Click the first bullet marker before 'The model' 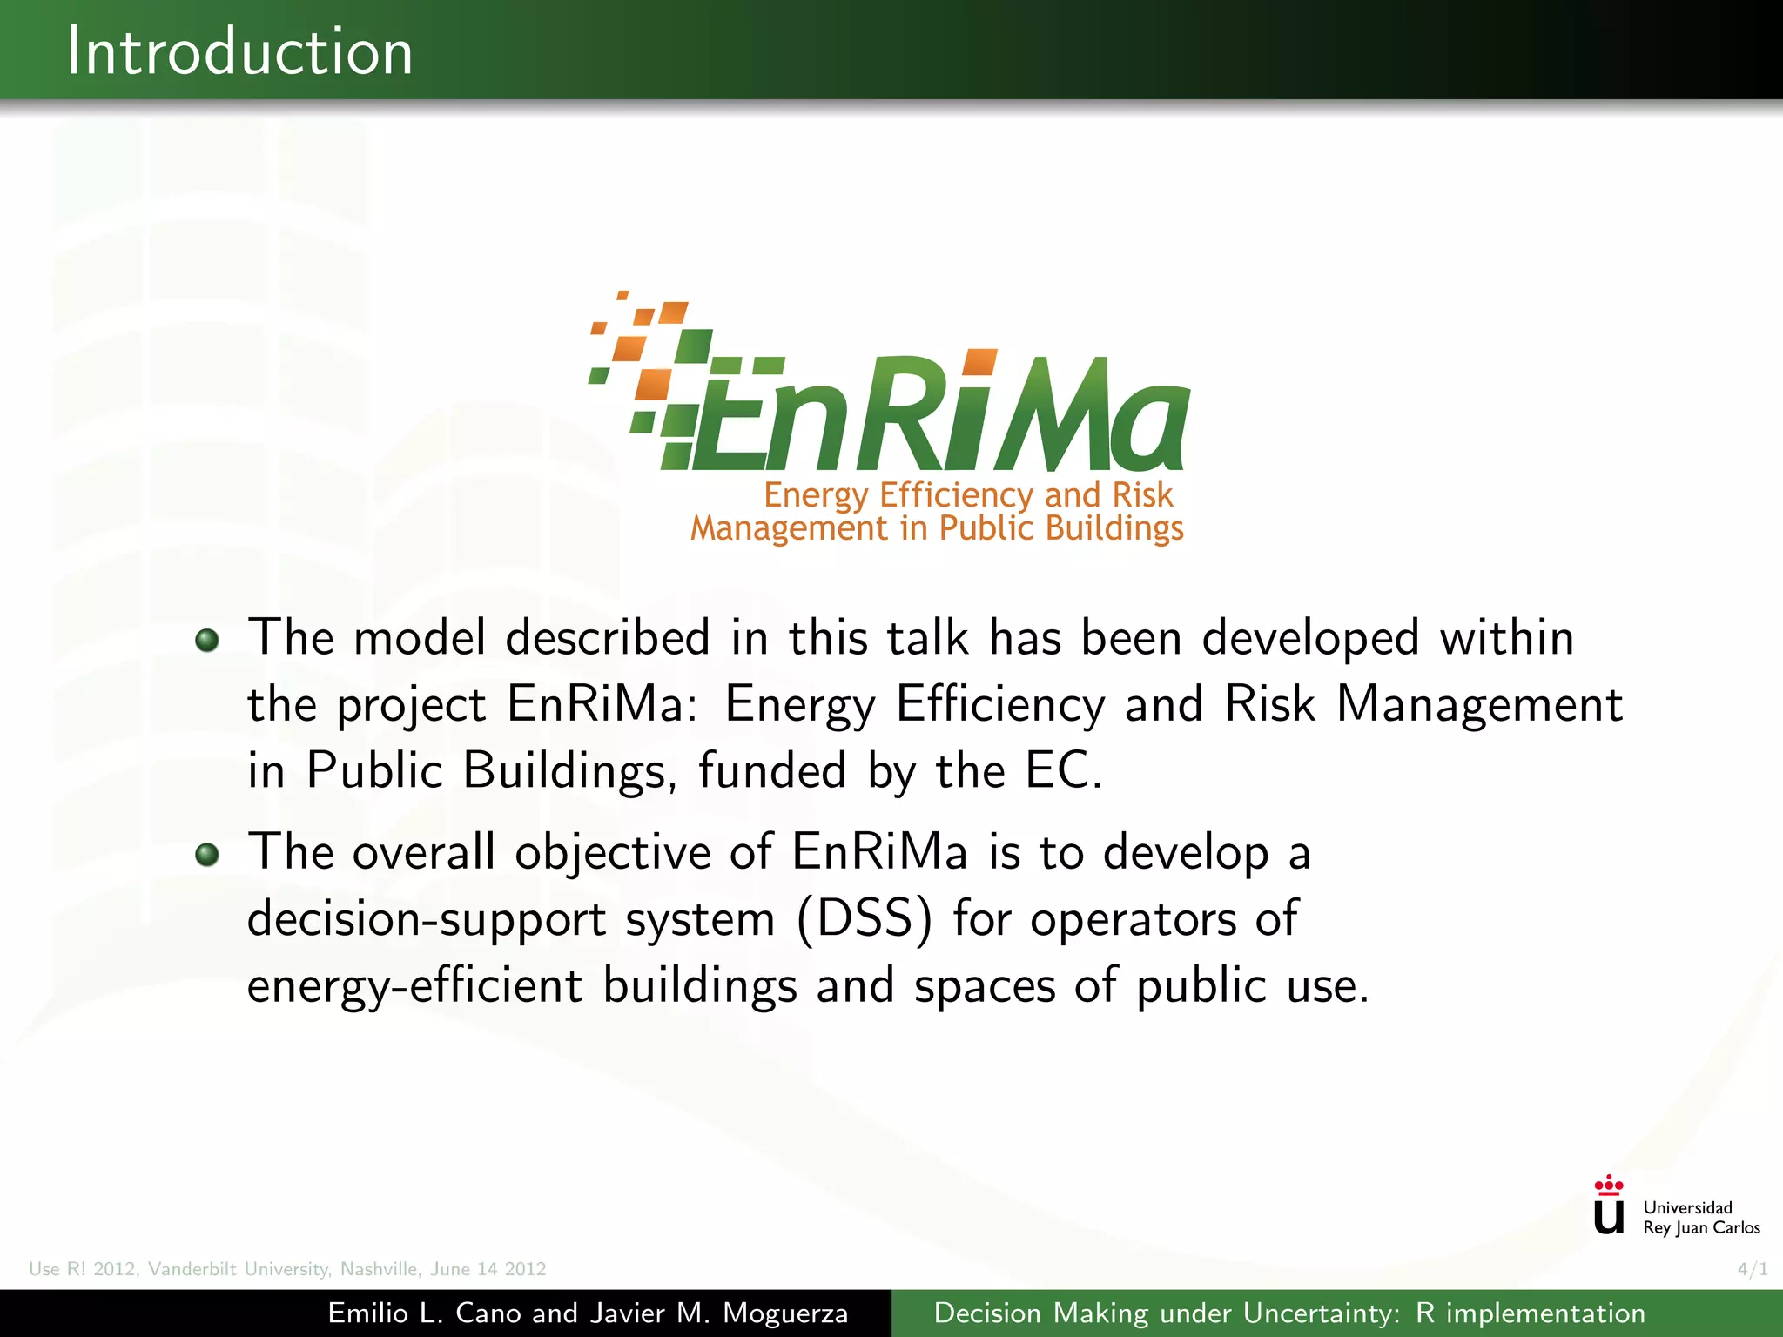coord(206,641)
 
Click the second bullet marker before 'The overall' coord(206,855)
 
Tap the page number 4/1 coord(1752,1269)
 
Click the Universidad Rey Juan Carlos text coord(1700,1218)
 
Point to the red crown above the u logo coord(1608,1185)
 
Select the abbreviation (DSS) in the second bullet coord(864,919)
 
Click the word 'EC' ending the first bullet coord(1057,770)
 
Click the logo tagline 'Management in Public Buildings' coord(937,528)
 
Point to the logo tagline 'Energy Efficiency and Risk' coord(968,494)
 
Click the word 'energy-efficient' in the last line coord(414,987)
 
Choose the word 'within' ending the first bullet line coord(1506,638)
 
